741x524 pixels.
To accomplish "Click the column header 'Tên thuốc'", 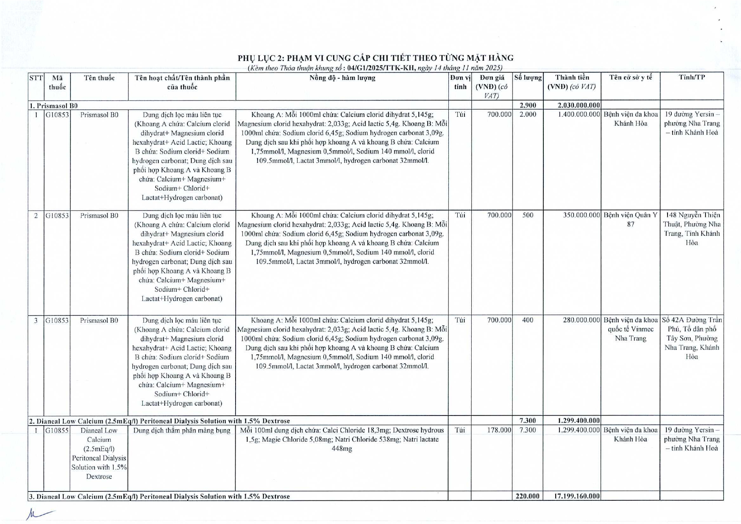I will (x=99, y=78).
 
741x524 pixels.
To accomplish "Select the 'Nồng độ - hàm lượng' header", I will (x=342, y=78).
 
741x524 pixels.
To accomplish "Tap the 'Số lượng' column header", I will (x=527, y=78).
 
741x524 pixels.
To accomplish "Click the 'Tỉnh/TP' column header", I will (x=692, y=77).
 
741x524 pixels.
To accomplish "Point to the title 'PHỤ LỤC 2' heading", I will (x=375, y=58).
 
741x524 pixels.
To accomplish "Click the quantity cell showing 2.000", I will (x=527, y=114).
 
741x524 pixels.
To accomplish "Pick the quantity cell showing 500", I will (x=527, y=215).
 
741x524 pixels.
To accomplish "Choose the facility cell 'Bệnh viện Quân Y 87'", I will (x=630, y=219).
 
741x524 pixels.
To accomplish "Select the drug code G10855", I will (x=57, y=430).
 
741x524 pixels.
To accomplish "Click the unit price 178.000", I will (x=499, y=430).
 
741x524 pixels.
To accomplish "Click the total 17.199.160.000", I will (x=576, y=496).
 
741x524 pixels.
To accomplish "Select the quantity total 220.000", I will (x=527, y=496).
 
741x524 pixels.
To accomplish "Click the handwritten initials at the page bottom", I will (x=39, y=514).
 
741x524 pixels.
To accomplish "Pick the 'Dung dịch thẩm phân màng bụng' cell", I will (x=182, y=430).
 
